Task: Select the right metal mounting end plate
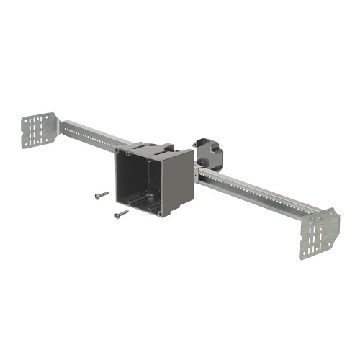click(320, 231)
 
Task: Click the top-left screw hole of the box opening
click(128, 153)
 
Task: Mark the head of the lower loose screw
click(116, 214)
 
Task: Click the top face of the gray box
click(155, 149)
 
